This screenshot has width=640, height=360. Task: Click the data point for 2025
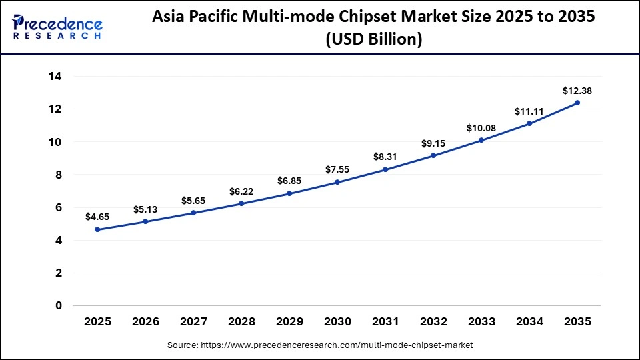(98, 229)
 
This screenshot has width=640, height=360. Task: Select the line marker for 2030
(337, 182)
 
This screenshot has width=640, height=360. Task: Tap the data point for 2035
(577, 103)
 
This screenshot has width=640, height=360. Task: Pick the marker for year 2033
(481, 140)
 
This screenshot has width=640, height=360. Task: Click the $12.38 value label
(577, 90)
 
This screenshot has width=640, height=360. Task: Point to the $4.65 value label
(98, 217)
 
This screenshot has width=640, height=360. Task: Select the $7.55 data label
(337, 169)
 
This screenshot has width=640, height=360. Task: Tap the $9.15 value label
(433, 143)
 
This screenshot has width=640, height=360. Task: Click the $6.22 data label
(241, 191)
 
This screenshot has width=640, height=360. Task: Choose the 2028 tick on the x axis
(241, 321)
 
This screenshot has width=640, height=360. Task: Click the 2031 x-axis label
(385, 321)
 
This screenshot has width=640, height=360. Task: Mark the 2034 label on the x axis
(529, 321)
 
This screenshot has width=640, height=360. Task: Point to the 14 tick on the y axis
(55, 77)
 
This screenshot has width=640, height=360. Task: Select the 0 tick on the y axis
(59, 305)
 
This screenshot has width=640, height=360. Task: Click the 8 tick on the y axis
(59, 175)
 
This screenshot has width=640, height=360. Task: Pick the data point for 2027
(194, 213)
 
